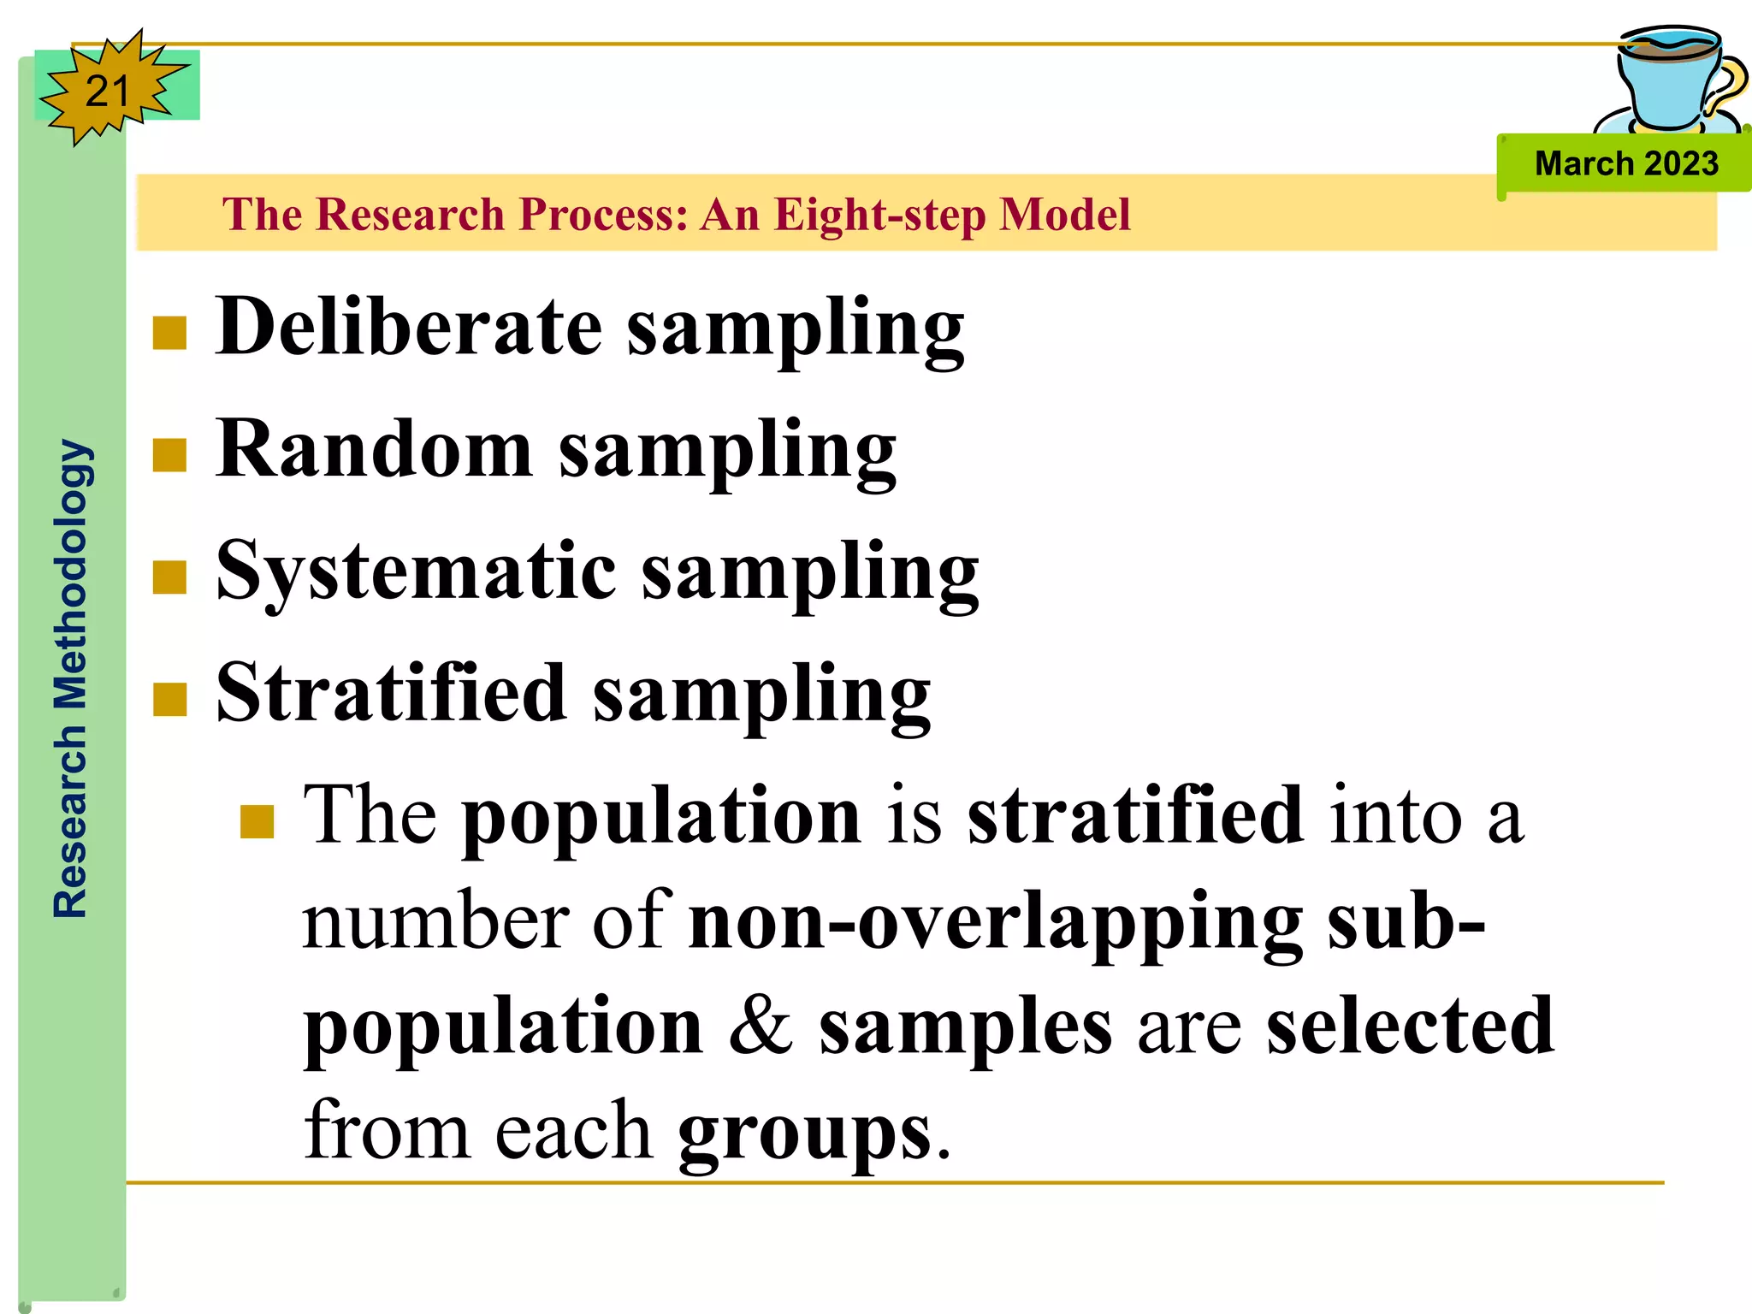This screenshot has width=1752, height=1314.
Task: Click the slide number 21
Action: click(107, 91)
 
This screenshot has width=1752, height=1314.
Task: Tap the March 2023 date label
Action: click(1625, 163)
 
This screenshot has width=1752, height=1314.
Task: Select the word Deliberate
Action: click(409, 327)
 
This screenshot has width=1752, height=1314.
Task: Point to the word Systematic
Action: click(416, 571)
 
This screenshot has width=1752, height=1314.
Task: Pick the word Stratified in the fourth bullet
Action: click(391, 693)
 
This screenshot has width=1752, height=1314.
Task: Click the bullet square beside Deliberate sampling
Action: click(169, 334)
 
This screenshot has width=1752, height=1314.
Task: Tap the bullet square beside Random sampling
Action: click(169, 455)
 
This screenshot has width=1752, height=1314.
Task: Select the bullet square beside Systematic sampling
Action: click(169, 577)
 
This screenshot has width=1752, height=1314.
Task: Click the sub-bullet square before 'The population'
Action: click(257, 821)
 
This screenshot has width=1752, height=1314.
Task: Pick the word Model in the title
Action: click(1065, 214)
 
